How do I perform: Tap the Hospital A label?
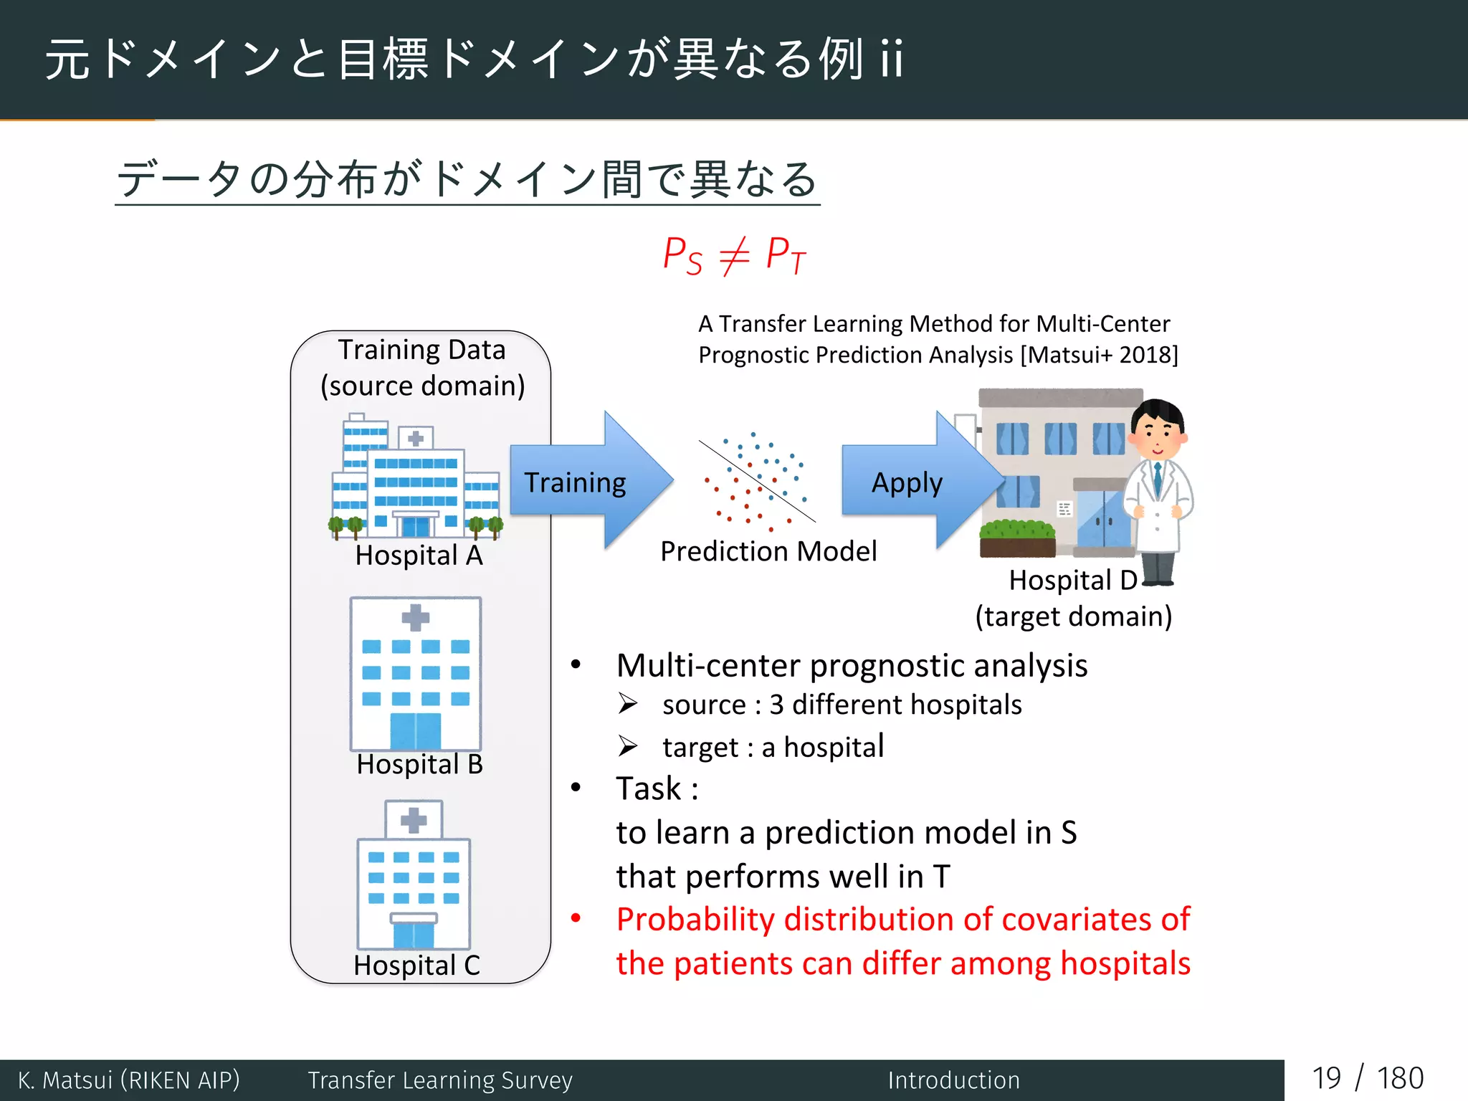[x=419, y=556]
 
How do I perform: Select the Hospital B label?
[x=419, y=764]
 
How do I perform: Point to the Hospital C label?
[x=416, y=965]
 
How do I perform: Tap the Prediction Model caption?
[x=768, y=551]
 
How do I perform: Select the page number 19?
[x=1326, y=1079]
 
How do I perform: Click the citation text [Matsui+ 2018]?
[x=1098, y=355]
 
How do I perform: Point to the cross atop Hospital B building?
[x=415, y=617]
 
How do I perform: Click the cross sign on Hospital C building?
[x=414, y=820]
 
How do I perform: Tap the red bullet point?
[x=576, y=918]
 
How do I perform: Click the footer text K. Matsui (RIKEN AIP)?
[x=129, y=1080]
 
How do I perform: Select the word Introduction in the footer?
[x=953, y=1080]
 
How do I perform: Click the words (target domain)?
[x=1073, y=616]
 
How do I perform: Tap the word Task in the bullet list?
[x=649, y=788]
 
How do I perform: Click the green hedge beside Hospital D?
[x=1016, y=530]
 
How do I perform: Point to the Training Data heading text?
[x=421, y=350]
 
